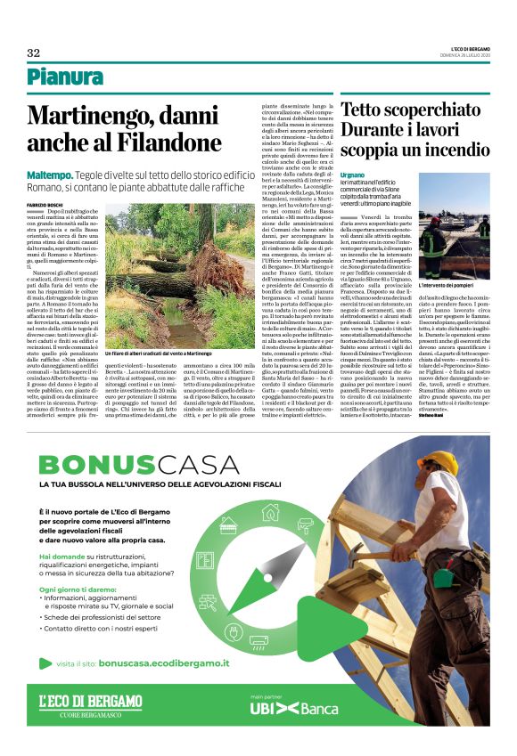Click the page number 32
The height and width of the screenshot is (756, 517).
pos(33,53)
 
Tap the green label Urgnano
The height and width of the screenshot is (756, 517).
pos(353,176)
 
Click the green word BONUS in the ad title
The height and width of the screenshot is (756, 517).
pos(90,464)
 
